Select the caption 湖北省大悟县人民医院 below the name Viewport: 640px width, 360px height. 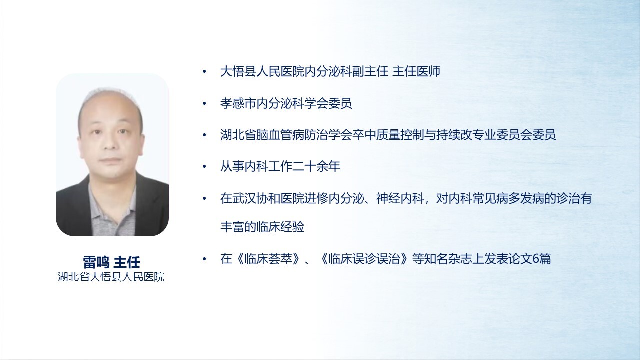pos(111,277)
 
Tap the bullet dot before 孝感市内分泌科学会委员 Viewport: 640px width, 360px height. pos(204,103)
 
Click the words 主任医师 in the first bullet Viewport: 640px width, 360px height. pos(416,71)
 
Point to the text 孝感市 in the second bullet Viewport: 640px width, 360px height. pos(238,103)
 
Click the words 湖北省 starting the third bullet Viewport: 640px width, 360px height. pos(238,135)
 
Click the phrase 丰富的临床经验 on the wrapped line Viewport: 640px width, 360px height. pos(262,227)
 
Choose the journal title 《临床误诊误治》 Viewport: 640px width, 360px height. pos(364,259)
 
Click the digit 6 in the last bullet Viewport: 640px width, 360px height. pos(536,259)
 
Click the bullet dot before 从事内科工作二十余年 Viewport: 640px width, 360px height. pos(204,166)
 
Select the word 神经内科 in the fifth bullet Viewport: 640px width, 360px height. pos(400,198)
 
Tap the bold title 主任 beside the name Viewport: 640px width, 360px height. pos(127,262)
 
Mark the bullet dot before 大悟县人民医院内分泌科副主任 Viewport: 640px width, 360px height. pos(204,71)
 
